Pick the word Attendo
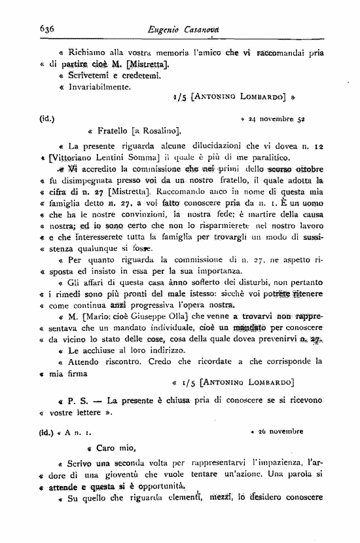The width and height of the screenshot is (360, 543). (x=86, y=361)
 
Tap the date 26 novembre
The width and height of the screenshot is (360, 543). (x=281, y=432)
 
